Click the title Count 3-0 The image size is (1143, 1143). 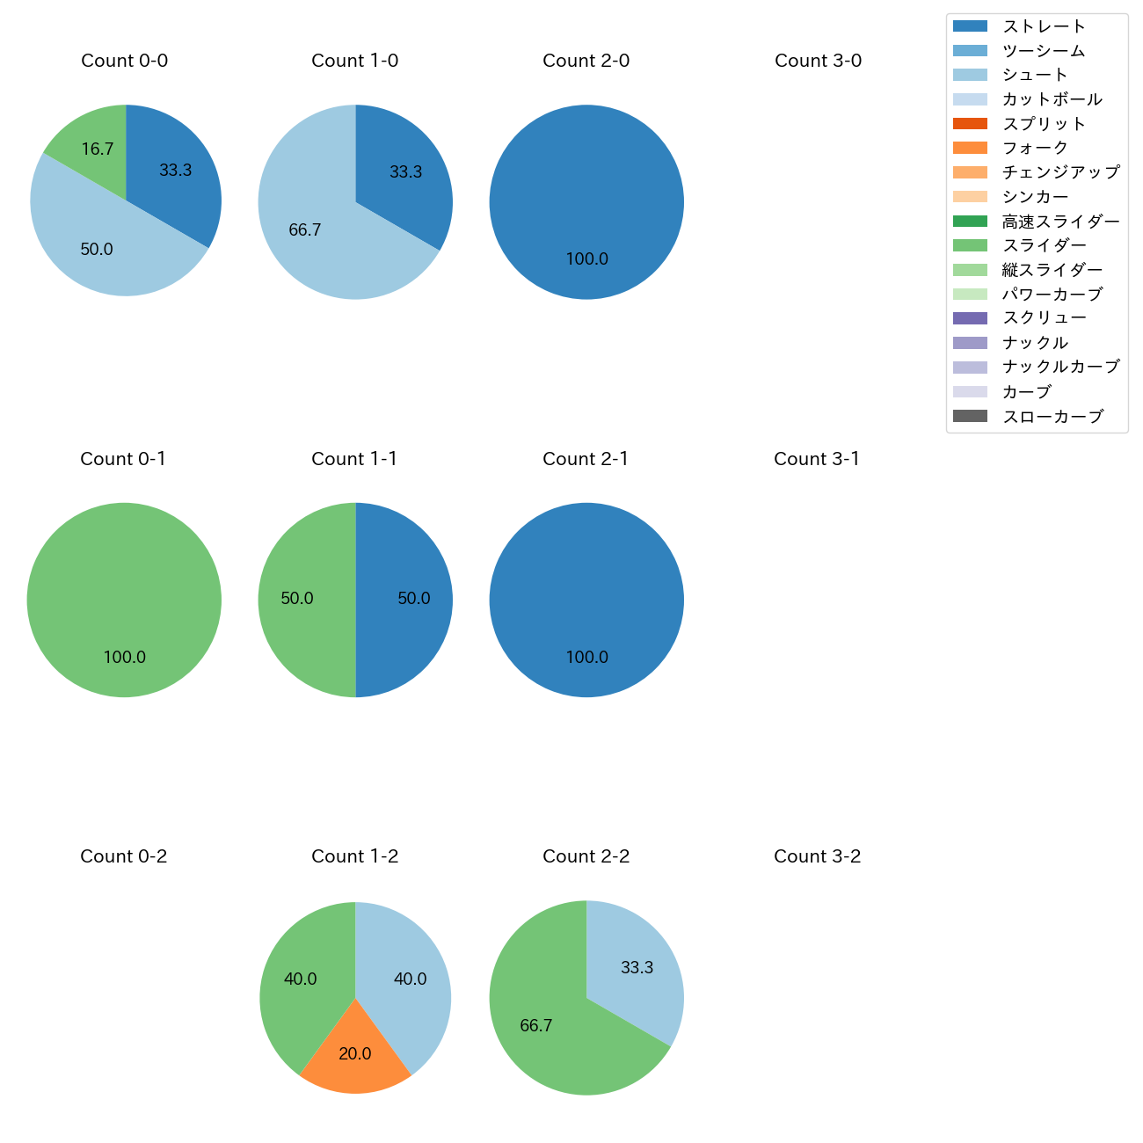pyautogui.click(x=818, y=61)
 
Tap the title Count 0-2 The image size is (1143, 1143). pyautogui.click(x=124, y=856)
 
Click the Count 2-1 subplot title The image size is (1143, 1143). pyautogui.click(x=586, y=459)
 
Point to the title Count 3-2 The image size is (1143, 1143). pyautogui.click(x=818, y=856)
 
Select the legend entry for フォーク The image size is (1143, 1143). pyautogui.click(x=1035, y=148)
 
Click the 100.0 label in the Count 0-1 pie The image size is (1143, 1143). pyautogui.click(x=125, y=657)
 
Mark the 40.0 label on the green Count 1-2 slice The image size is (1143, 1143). pyautogui.click(x=301, y=979)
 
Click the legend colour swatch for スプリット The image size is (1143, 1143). pyautogui.click(x=970, y=123)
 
